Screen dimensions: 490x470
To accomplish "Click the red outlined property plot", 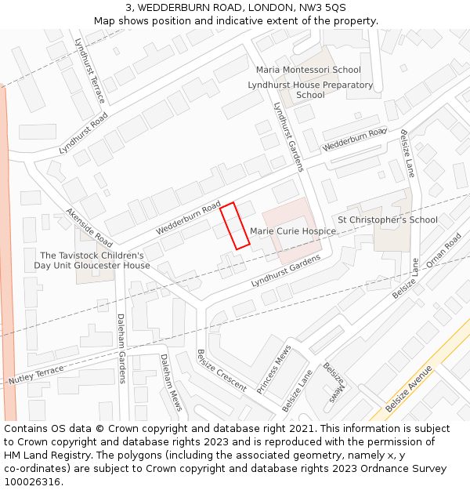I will [x=235, y=226].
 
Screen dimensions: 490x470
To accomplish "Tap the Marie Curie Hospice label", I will [x=293, y=231].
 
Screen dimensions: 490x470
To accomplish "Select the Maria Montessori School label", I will [x=309, y=70].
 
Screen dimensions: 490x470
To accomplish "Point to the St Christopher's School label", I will [x=387, y=220].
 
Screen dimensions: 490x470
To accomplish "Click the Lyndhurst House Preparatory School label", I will [x=310, y=89].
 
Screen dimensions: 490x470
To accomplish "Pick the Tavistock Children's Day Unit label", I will [x=92, y=260].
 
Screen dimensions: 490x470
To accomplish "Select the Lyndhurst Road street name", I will [x=83, y=133].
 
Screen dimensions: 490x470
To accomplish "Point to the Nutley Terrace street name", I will [x=36, y=376].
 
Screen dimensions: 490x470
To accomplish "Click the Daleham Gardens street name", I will [x=121, y=348].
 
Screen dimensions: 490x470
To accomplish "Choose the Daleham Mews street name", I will [x=171, y=382].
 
